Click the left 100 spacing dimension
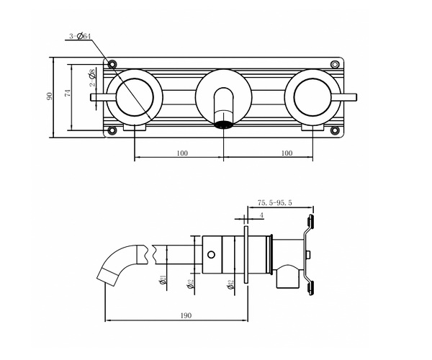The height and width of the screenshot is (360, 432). coord(180,153)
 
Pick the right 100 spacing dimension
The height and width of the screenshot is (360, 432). coord(287,153)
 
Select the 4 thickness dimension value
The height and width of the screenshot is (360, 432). coord(261,215)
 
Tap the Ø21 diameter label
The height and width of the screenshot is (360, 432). coord(164,279)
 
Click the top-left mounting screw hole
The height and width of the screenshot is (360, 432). coord(112,63)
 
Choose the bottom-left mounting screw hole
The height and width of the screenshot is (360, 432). coord(112,130)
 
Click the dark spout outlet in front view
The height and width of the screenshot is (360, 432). coord(224,125)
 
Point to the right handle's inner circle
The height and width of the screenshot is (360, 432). coord(312,96)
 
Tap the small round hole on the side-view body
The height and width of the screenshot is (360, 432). coord(212,254)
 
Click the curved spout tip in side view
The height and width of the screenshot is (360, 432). coord(101,274)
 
